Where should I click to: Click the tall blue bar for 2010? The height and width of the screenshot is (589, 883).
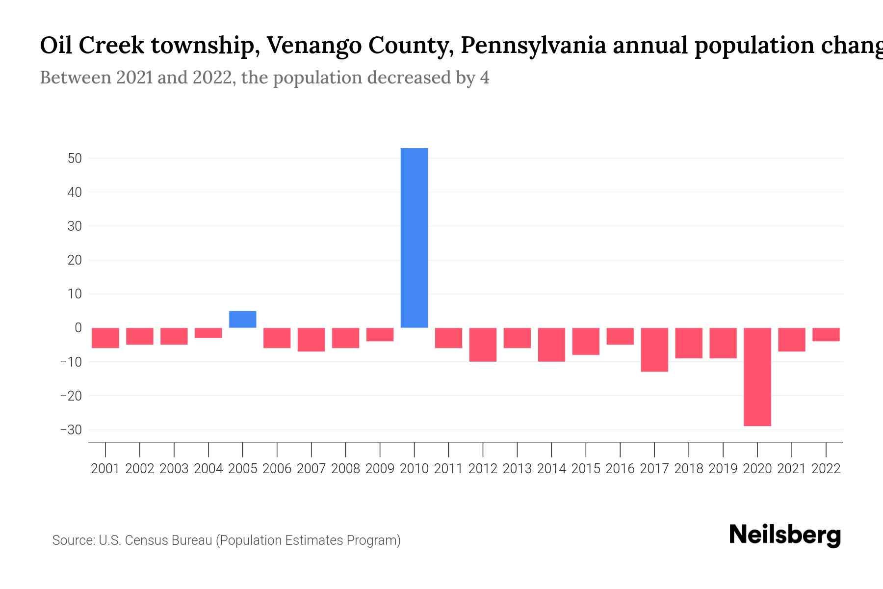(x=414, y=238)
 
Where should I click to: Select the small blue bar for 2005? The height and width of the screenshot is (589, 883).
(x=242, y=320)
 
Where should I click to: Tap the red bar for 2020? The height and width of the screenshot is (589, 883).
(x=757, y=376)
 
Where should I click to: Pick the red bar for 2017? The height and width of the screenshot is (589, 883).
(x=654, y=349)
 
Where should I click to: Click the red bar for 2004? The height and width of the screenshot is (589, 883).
(x=208, y=333)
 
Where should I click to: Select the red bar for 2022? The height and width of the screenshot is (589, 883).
(x=826, y=334)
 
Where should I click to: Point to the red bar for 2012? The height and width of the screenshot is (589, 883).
(x=483, y=345)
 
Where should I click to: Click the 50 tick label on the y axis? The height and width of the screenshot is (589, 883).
(x=75, y=159)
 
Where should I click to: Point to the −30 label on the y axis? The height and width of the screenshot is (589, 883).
(x=71, y=430)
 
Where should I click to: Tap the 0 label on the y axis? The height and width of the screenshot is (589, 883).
(x=78, y=328)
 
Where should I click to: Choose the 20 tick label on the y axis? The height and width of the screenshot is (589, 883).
(x=75, y=260)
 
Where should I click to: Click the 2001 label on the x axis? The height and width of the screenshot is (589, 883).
(x=105, y=469)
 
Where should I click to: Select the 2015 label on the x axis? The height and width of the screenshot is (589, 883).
(x=586, y=469)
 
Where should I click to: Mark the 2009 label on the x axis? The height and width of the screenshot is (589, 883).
(x=380, y=469)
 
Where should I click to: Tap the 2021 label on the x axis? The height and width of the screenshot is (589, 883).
(x=791, y=469)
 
